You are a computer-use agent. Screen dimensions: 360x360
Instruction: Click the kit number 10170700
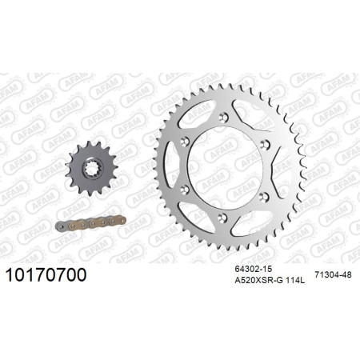coord(46,274)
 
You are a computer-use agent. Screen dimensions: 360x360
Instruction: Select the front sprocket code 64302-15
coord(253,269)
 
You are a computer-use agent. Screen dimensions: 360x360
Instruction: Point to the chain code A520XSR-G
coord(259,281)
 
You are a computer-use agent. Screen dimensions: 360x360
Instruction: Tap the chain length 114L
coord(295,281)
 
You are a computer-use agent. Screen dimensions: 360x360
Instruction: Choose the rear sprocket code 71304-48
coord(333,274)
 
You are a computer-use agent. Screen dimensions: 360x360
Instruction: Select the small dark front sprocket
coord(92,169)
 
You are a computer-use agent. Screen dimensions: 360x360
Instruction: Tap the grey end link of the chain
coord(62,226)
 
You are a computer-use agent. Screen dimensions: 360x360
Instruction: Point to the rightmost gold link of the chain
coord(118,220)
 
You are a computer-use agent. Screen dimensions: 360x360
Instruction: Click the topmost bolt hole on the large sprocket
coord(223,117)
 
